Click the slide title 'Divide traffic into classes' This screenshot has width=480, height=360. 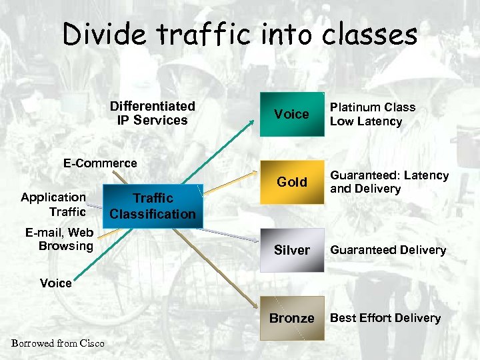point(240,35)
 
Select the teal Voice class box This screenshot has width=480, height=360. point(291,114)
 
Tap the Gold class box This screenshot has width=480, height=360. point(291,182)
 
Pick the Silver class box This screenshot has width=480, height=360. point(291,250)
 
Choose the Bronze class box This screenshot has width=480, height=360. point(291,318)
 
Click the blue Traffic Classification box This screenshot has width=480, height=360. point(153,206)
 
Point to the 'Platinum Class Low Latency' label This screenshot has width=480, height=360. point(372,114)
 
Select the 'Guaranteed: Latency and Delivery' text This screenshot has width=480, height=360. point(389,182)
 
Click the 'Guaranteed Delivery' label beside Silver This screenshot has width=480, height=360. point(388,250)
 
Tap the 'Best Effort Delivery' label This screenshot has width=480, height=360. point(385,318)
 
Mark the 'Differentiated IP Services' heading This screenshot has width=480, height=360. point(152,113)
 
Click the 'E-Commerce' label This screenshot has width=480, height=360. point(100,163)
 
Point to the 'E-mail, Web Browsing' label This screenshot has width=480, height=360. point(59,239)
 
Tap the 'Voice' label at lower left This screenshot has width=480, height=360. point(56,283)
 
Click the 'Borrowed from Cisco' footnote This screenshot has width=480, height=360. point(58,343)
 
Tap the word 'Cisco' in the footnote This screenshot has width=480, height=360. point(92,343)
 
